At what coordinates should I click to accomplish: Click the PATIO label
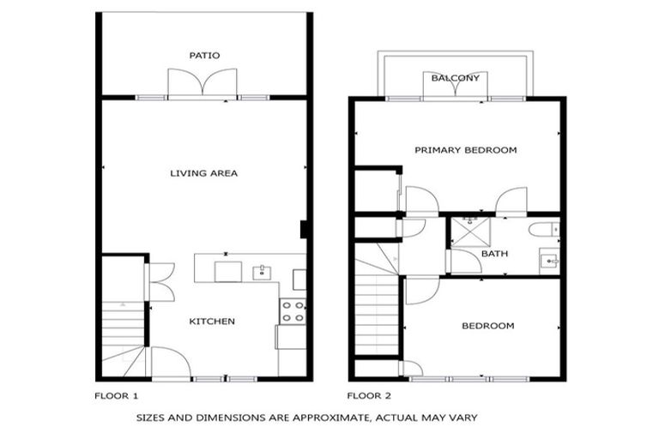[204, 56]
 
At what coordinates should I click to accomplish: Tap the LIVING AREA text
[203, 173]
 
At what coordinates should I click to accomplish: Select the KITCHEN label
[212, 322]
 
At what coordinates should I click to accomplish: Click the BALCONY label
[456, 78]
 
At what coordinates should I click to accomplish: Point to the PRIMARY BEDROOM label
[465, 150]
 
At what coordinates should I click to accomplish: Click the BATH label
[494, 254]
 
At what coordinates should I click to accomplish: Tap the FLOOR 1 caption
[116, 396]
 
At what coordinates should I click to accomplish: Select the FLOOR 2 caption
[369, 396]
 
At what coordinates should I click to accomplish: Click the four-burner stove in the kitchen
[293, 312]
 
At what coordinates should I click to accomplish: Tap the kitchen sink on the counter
[261, 273]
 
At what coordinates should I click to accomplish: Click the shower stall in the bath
[468, 232]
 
